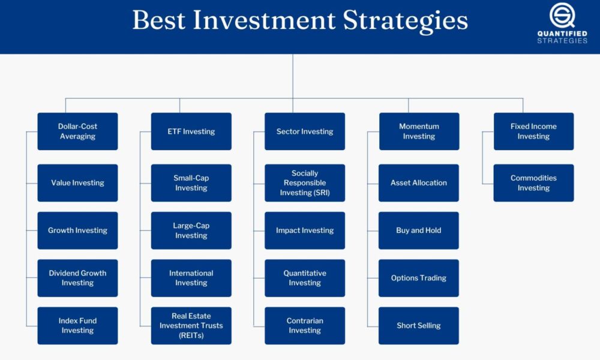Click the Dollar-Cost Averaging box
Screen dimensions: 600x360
coord(77,131)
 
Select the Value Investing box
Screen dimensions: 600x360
coord(77,183)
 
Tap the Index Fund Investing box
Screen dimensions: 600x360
coord(77,326)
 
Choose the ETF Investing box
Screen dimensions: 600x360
coord(191,131)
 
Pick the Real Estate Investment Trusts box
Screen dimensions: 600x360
coord(191,326)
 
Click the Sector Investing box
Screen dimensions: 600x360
coord(305,131)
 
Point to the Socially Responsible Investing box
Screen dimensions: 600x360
coord(305,183)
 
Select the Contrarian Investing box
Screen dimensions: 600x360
coord(305,326)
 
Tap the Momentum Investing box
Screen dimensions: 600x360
coord(419,131)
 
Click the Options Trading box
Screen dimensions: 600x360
coord(419,278)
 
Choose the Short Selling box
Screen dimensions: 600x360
coord(419,326)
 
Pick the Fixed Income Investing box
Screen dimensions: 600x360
coord(534,131)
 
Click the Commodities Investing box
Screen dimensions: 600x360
coord(534,183)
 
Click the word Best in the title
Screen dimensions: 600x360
coord(159,20)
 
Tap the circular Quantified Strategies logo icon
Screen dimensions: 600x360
coord(562,16)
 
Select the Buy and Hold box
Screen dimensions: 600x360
coord(419,230)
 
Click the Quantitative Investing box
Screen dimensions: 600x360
coord(305,278)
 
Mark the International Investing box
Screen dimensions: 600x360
coord(191,278)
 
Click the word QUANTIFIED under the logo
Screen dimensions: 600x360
coord(562,34)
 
